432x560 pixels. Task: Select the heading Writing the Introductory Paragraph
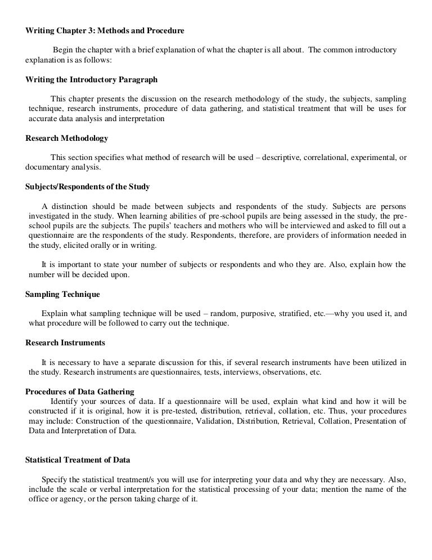tap(92, 79)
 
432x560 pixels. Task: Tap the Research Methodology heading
tap(67, 138)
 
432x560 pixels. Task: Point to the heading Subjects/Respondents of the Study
tap(88, 186)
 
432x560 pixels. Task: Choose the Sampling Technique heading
tap(63, 294)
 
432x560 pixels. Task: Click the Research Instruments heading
tap(65, 343)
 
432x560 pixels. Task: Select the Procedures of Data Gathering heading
tap(80, 392)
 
